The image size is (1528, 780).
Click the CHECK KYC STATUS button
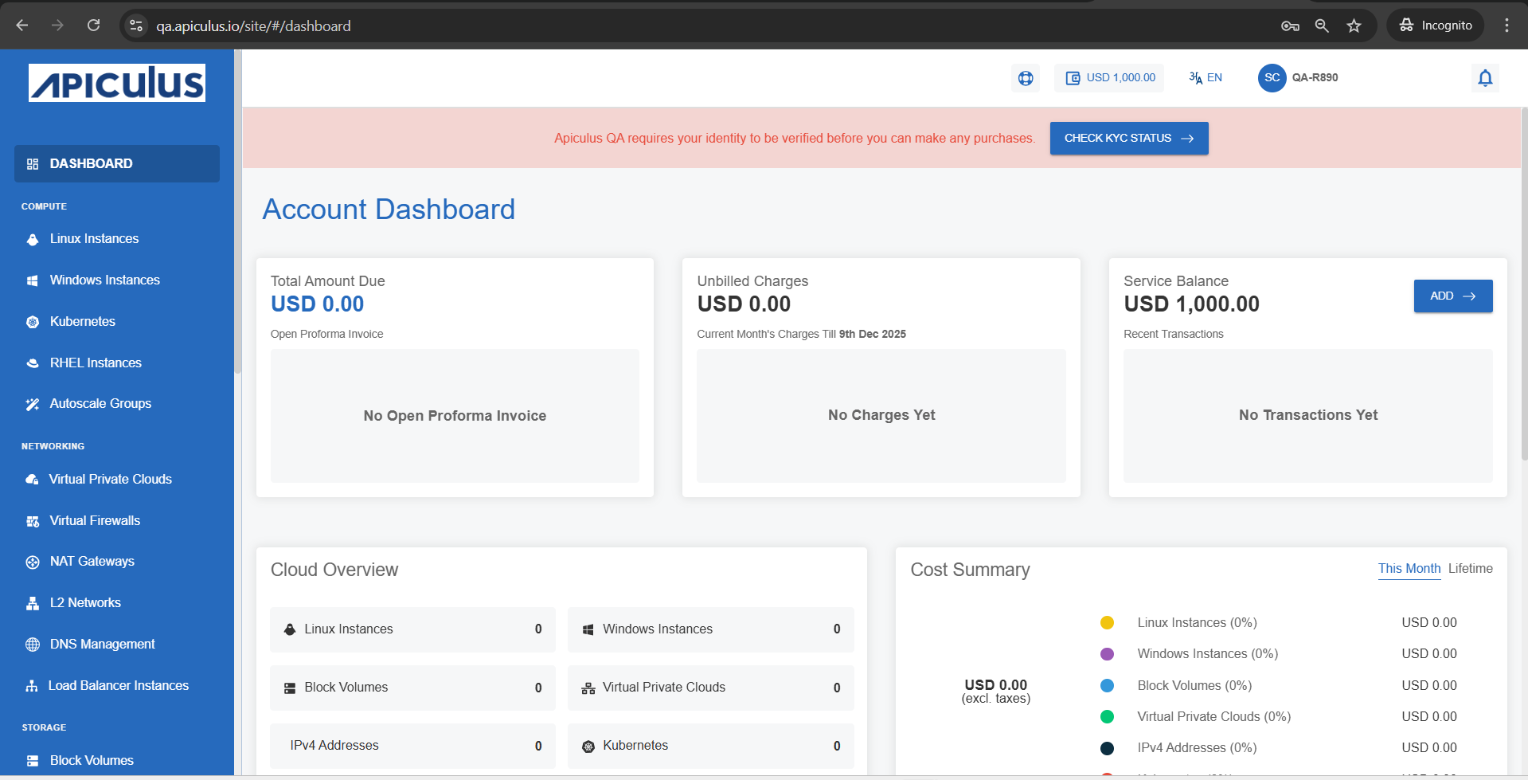pyautogui.click(x=1128, y=138)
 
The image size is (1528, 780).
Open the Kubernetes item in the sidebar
pyautogui.click(x=82, y=321)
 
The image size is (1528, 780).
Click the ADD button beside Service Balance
pyautogui.click(x=1452, y=296)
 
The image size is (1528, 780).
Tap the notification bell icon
pyautogui.click(x=1485, y=78)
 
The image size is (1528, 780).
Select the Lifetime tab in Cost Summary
pyautogui.click(x=1470, y=568)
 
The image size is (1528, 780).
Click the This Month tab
pyautogui.click(x=1409, y=568)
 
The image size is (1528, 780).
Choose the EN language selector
pyautogui.click(x=1206, y=77)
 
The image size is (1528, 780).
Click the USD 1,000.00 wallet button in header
pyautogui.click(x=1109, y=77)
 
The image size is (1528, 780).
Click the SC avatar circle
pyautogui.click(x=1272, y=77)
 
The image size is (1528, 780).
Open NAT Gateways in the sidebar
pyautogui.click(x=92, y=561)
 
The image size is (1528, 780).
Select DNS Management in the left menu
pyautogui.click(x=102, y=644)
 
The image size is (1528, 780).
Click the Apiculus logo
pyautogui.click(x=117, y=83)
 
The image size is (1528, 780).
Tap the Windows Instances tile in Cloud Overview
pyautogui.click(x=710, y=629)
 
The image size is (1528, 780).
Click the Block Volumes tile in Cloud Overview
pyautogui.click(x=412, y=687)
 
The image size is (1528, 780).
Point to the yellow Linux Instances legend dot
pyautogui.click(x=1107, y=622)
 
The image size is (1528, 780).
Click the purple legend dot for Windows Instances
pyautogui.click(x=1107, y=653)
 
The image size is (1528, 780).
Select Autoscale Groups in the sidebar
pyautogui.click(x=100, y=403)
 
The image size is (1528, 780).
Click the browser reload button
pyautogui.click(x=93, y=25)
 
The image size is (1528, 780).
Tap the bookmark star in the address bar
pyautogui.click(x=1354, y=25)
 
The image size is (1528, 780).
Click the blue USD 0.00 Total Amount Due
pyautogui.click(x=317, y=304)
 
